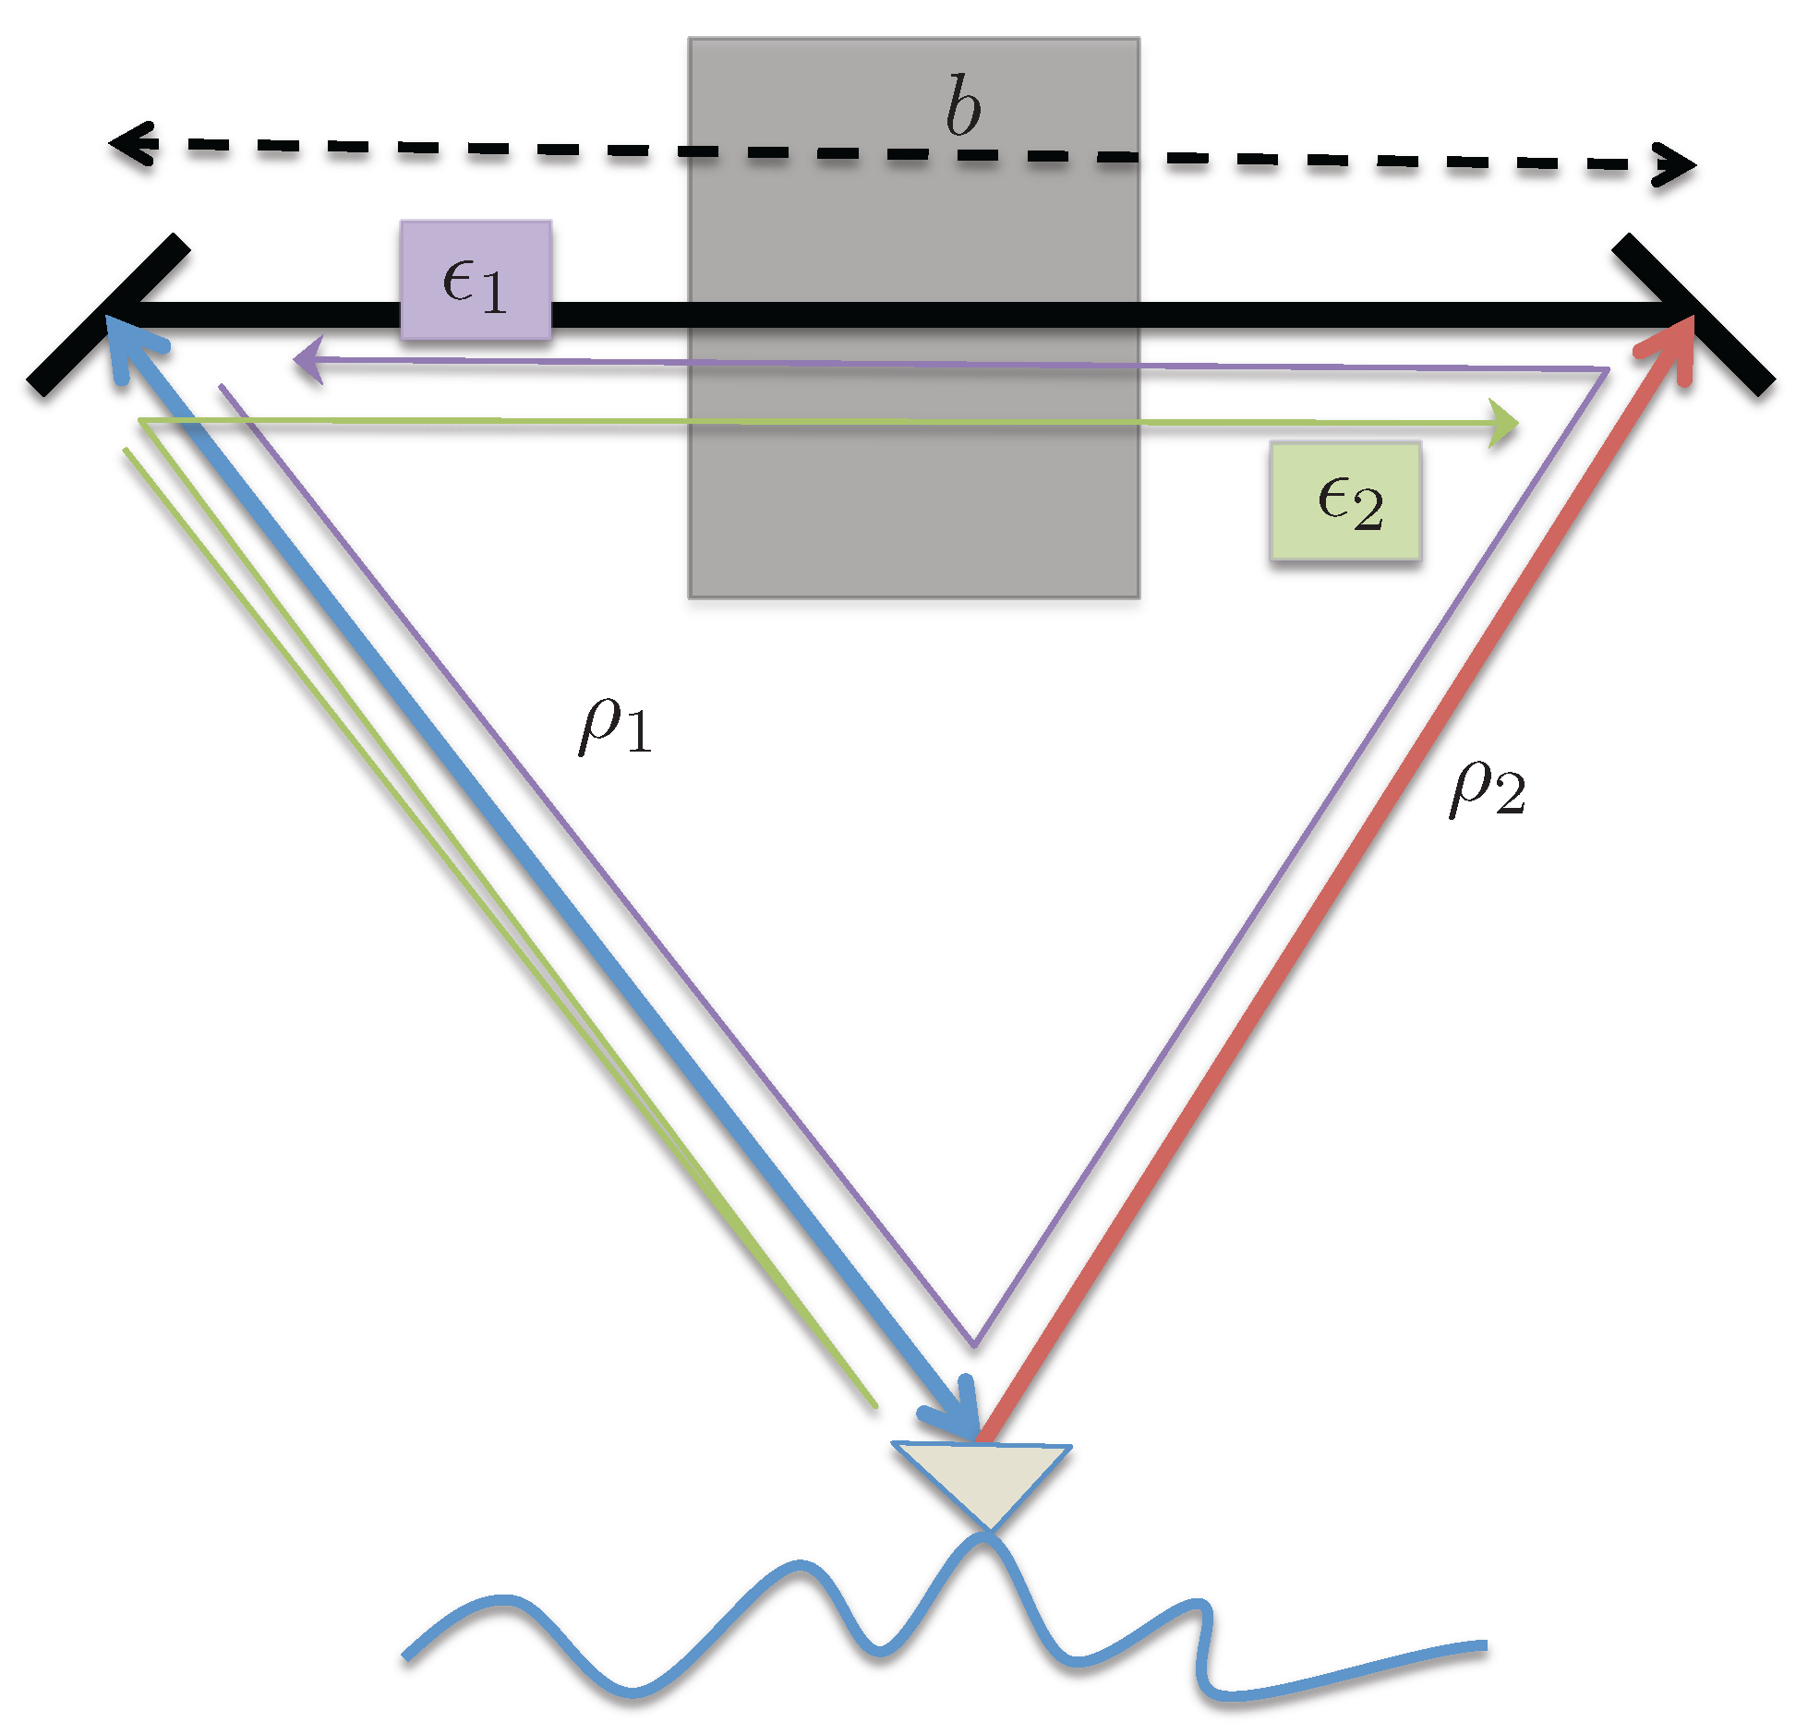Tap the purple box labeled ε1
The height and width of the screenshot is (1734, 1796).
coord(476,280)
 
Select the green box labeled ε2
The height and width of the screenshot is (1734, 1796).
coord(1345,500)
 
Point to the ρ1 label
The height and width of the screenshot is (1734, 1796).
coord(614,727)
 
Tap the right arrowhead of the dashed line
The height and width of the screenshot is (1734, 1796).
coord(1676,165)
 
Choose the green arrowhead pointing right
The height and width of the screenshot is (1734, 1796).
coord(1504,424)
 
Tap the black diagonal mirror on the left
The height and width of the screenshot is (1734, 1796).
coord(109,314)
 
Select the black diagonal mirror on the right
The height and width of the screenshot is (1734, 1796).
coord(1694,314)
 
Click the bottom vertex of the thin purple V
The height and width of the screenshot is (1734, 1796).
coord(973,1343)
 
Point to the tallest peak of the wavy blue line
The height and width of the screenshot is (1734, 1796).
coord(984,1537)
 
